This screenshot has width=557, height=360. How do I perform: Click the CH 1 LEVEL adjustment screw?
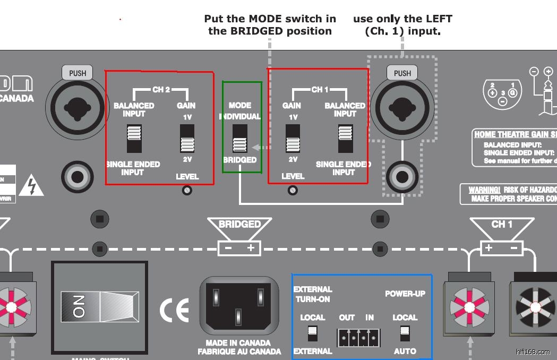tap(292, 190)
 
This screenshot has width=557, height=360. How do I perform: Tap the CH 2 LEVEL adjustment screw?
tap(187, 190)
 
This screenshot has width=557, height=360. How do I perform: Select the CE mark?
tap(174, 311)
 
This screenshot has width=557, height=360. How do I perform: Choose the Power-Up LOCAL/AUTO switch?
tap(405, 333)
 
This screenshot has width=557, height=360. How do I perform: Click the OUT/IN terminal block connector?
tap(359, 337)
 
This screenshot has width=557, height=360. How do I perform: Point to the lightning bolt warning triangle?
tap(31, 186)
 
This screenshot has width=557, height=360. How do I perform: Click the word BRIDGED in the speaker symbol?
tap(240, 225)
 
